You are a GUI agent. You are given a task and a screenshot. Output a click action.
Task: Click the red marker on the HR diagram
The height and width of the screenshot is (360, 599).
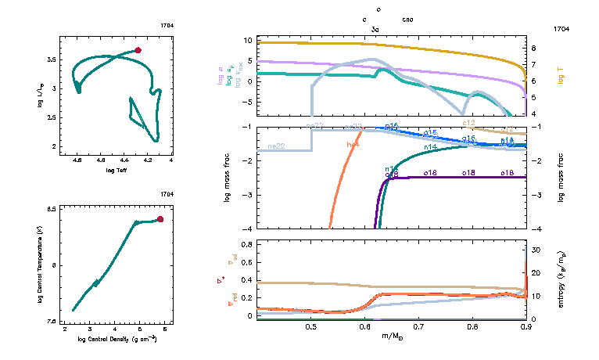pos(138,50)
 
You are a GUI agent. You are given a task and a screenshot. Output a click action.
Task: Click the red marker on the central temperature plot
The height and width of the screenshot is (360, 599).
pos(160,219)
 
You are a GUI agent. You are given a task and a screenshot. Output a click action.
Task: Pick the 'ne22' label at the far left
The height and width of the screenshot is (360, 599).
pos(275,146)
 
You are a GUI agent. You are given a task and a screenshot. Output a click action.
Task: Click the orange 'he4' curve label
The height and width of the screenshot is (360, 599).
pos(353,145)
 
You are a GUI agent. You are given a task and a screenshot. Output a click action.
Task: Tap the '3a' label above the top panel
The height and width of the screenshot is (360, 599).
pos(375,28)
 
